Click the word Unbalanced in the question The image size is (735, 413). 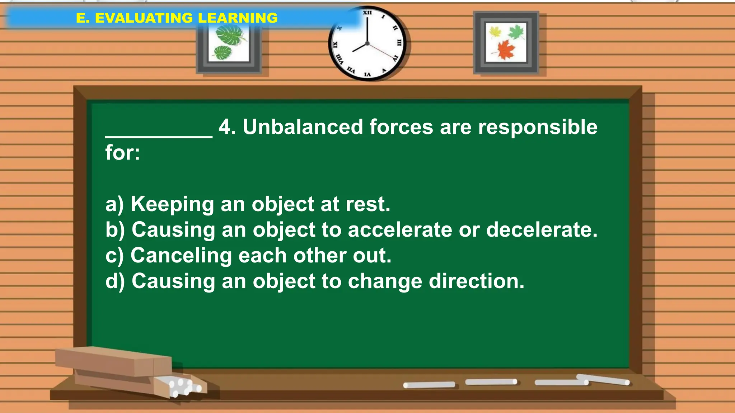click(x=303, y=127)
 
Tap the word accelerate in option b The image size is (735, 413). click(x=400, y=229)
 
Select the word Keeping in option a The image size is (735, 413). click(x=172, y=204)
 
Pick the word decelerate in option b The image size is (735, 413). click(x=542, y=229)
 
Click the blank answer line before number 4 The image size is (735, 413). click(x=159, y=136)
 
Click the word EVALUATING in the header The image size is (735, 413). click(x=144, y=18)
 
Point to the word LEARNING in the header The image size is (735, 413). click(x=238, y=18)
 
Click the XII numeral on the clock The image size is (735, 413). click(x=367, y=13)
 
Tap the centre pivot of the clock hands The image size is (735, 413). click(x=367, y=43)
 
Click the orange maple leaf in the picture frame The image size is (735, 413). click(x=505, y=49)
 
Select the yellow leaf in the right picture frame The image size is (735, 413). click(x=495, y=32)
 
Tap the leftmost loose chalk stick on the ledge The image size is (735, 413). click(x=429, y=385)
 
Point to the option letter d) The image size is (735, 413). click(x=115, y=281)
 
